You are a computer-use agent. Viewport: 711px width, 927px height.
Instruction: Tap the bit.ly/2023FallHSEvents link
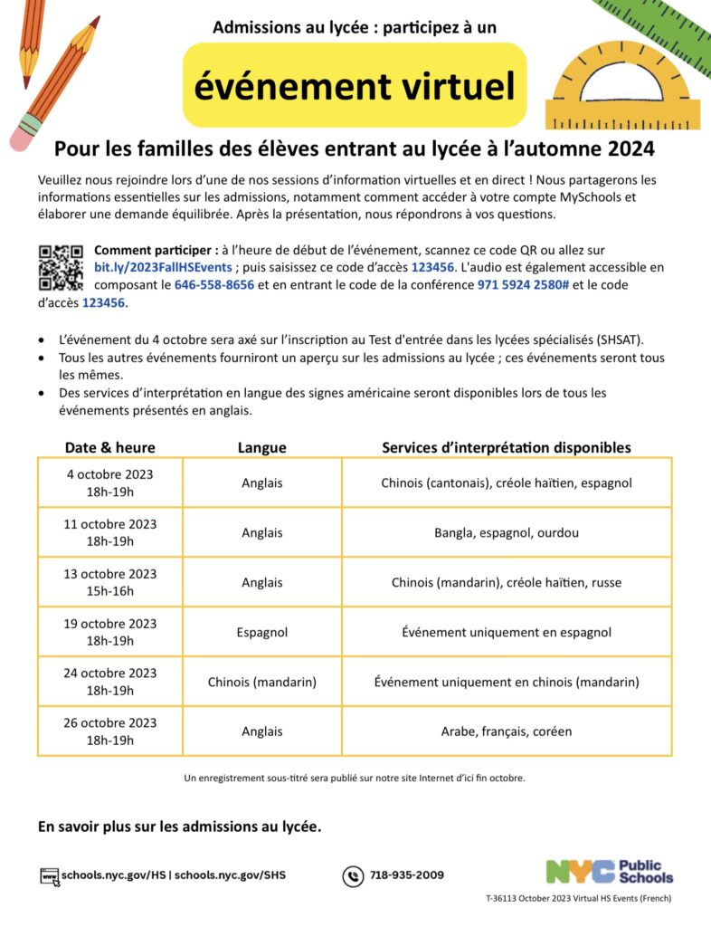(164, 266)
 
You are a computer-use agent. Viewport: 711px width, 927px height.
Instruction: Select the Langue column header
(261, 447)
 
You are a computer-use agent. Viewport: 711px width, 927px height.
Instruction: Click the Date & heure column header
(109, 447)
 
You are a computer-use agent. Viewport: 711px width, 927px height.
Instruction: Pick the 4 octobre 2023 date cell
(110, 483)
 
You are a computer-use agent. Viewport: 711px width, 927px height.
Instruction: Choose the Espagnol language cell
(261, 632)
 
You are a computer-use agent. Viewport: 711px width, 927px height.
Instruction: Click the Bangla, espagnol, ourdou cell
(507, 532)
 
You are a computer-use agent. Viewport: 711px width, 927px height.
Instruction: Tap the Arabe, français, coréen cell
(507, 731)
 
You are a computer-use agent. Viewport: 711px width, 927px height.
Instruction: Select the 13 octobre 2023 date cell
(110, 582)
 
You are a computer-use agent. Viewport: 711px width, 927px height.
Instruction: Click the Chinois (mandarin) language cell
(261, 682)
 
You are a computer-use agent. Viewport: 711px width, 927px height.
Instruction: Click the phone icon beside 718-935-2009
(352, 875)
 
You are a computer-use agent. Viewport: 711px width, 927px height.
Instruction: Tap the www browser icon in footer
(50, 875)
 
